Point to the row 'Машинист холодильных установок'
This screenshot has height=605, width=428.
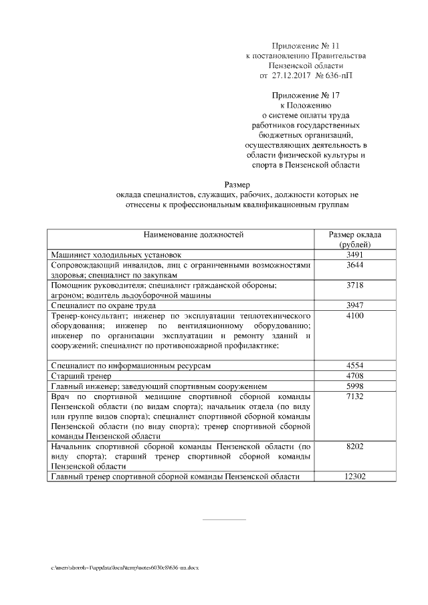point(116,255)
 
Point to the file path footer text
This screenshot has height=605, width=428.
point(125,567)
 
